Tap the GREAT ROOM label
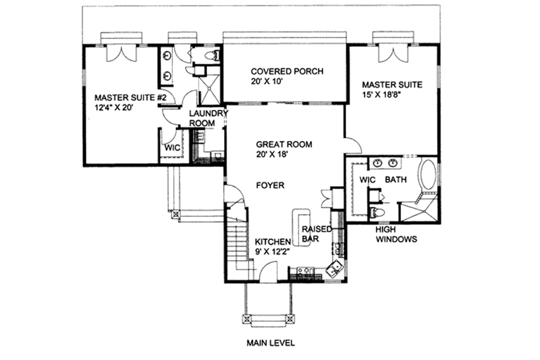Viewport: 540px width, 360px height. tap(284, 144)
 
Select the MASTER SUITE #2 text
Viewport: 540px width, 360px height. tap(125, 98)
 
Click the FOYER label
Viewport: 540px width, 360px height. tap(270, 185)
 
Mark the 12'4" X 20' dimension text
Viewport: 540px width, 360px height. tap(113, 107)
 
